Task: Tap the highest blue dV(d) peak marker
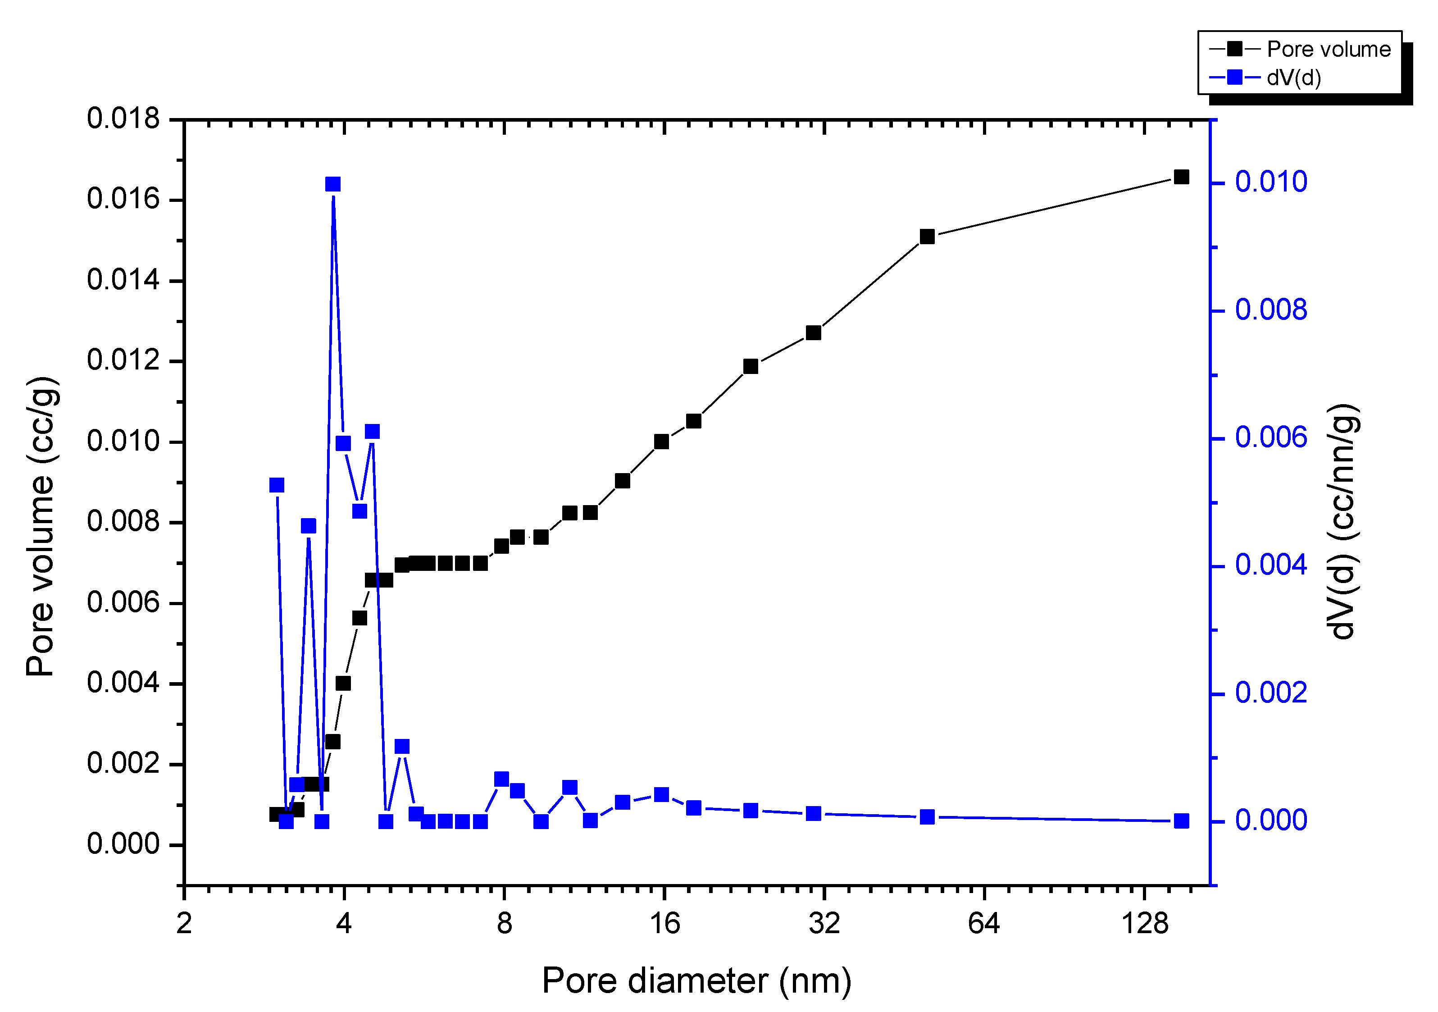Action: pos(333,184)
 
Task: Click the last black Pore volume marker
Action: pos(1181,177)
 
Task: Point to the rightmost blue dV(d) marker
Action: pos(1181,821)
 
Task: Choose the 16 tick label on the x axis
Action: pos(664,924)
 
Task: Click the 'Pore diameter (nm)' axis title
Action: pos(696,981)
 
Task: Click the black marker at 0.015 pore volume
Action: pos(928,237)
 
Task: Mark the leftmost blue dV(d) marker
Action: pos(277,485)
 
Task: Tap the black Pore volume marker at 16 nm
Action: pos(661,442)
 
